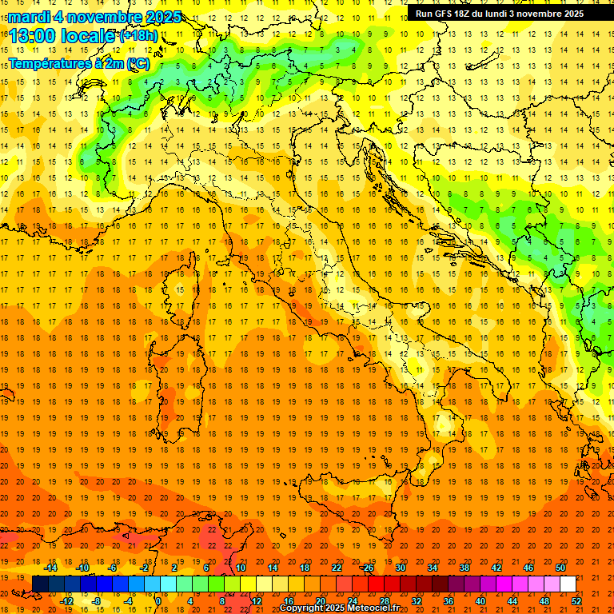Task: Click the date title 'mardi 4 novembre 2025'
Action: pos(94,17)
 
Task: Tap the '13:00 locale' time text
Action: pos(62,36)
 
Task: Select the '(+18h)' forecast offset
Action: pos(138,36)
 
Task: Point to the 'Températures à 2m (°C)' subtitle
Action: pos(78,62)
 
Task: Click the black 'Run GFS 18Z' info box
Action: pos(500,13)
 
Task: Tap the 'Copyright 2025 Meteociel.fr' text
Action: pos(339,608)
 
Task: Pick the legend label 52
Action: pos(576,601)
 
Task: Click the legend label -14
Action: pos(50,567)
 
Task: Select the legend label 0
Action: pos(158,601)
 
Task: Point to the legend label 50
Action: pos(560,567)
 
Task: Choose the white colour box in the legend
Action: pos(568,584)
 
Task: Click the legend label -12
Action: pos(66,601)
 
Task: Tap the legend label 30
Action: pos(401,567)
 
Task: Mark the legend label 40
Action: pos(480,601)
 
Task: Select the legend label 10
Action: pos(241,567)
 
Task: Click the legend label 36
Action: pos(449,601)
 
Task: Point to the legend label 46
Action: pos(528,567)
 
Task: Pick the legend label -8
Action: pos(98,601)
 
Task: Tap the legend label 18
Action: pos(305,567)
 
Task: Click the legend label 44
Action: pos(512,601)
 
